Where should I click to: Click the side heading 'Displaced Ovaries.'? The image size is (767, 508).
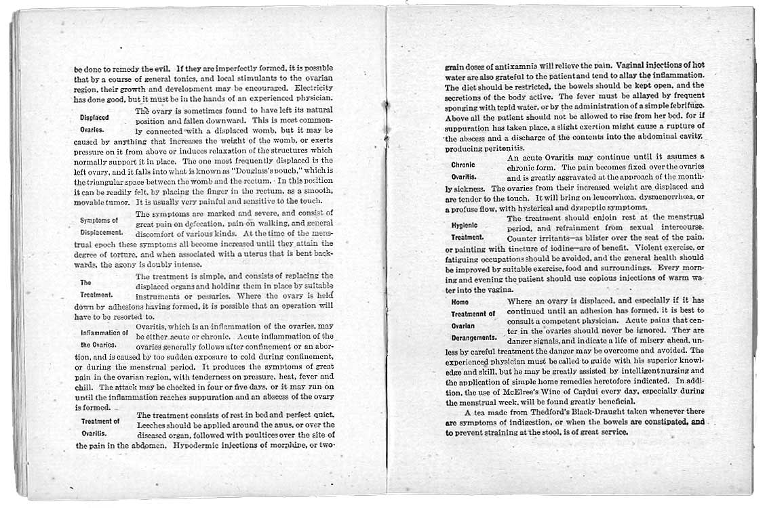pyautogui.click(x=94, y=123)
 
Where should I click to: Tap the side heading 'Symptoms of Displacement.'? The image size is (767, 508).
pyautogui.click(x=99, y=226)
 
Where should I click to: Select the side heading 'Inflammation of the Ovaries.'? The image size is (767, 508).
pyautogui.click(x=104, y=339)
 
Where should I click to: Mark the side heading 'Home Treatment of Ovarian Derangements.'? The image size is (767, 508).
pyautogui.click(x=474, y=319)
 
